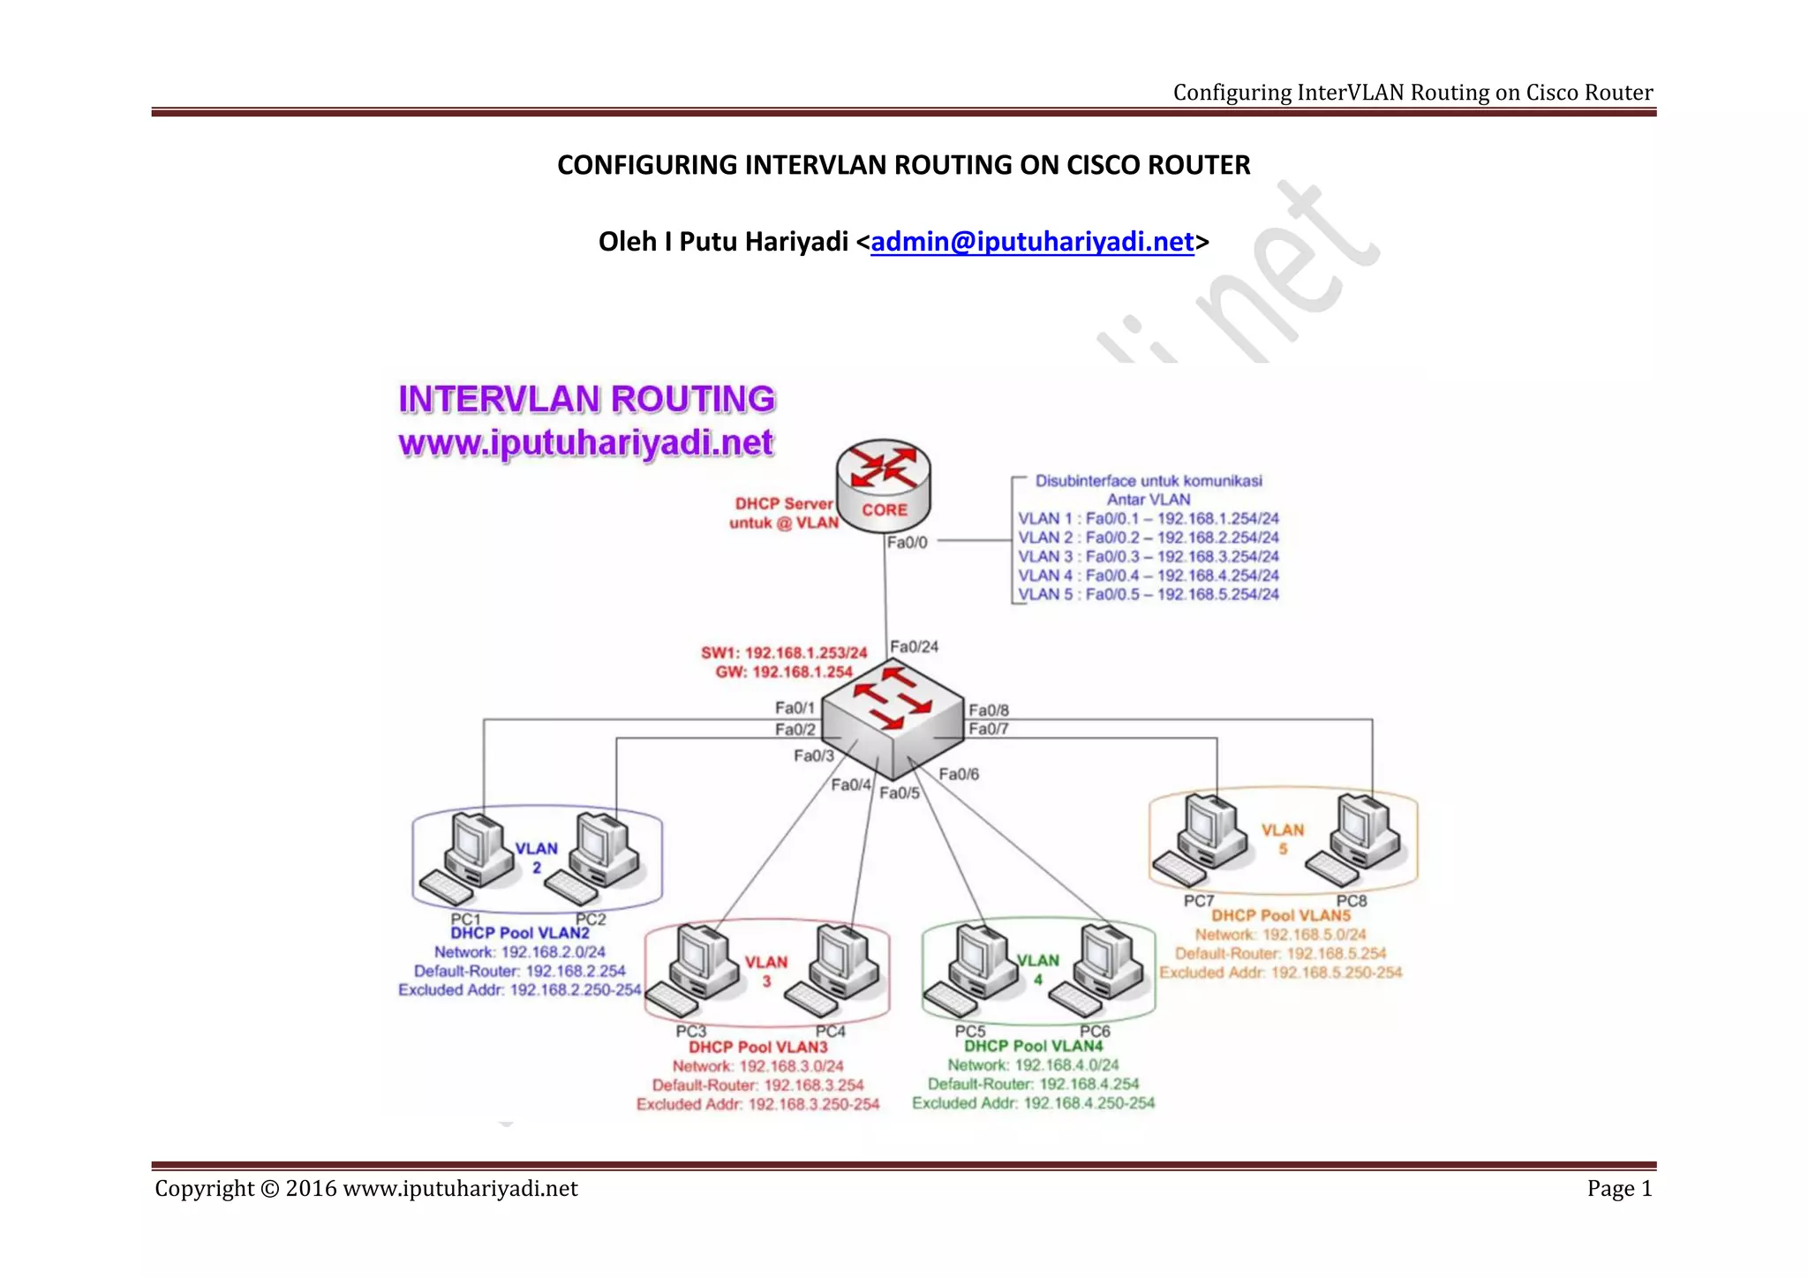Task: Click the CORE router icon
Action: (883, 485)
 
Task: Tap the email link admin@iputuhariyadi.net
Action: (1032, 241)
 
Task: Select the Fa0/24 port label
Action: (914, 647)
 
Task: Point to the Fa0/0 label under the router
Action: (907, 542)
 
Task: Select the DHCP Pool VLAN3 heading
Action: (758, 1047)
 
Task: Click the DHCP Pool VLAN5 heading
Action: (1280, 916)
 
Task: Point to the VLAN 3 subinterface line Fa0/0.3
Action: (1148, 556)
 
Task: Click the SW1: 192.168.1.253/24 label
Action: (784, 653)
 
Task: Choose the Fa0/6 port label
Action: (958, 774)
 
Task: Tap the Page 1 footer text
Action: (1619, 1188)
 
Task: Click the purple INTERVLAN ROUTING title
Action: (587, 399)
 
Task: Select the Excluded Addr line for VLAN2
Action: (519, 990)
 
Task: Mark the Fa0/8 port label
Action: (988, 710)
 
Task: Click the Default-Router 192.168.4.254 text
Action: (1033, 1084)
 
